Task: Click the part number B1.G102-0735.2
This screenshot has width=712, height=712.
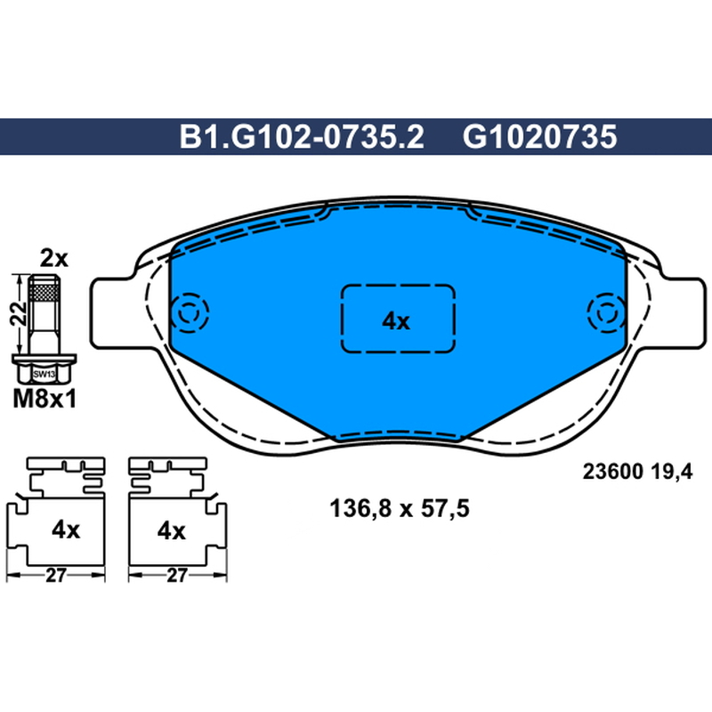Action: (302, 137)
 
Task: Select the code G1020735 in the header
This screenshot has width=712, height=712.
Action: (540, 137)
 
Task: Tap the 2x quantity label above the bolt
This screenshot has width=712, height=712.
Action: (54, 259)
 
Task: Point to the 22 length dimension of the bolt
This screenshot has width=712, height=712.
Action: (18, 313)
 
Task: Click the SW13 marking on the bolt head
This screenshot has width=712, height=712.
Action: (44, 375)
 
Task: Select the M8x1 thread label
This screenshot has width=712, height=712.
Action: (44, 400)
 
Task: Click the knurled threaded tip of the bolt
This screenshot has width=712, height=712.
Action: (44, 287)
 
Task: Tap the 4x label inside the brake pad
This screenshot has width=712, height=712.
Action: (396, 321)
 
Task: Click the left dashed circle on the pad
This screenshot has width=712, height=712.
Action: (190, 313)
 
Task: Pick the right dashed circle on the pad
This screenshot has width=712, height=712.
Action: (606, 313)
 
